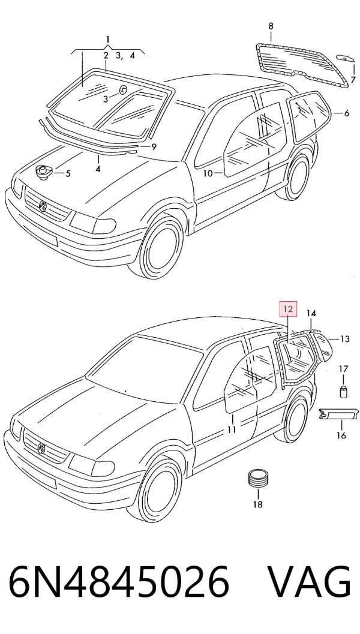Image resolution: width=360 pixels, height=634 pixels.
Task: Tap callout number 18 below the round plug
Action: (257, 504)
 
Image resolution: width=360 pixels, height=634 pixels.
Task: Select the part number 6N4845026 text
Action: (119, 582)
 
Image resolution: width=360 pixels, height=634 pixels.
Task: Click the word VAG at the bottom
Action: (310, 582)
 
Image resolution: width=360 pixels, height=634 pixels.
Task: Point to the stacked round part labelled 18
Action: (258, 479)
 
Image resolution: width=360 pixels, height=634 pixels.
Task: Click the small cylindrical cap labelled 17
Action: (343, 392)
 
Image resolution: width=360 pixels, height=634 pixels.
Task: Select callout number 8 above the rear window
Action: (271, 26)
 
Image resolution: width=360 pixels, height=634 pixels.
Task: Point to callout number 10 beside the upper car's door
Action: (208, 173)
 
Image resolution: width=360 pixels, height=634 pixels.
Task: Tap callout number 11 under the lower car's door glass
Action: (231, 429)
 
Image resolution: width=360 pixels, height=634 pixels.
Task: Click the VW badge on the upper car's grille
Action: (43, 206)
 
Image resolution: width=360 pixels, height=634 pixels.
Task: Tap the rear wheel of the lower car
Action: (296, 419)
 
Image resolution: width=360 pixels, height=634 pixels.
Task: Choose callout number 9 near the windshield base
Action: (154, 147)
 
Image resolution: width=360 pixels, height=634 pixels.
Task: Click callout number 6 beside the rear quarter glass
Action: (347, 113)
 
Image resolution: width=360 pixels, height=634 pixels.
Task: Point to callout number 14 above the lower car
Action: (311, 313)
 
